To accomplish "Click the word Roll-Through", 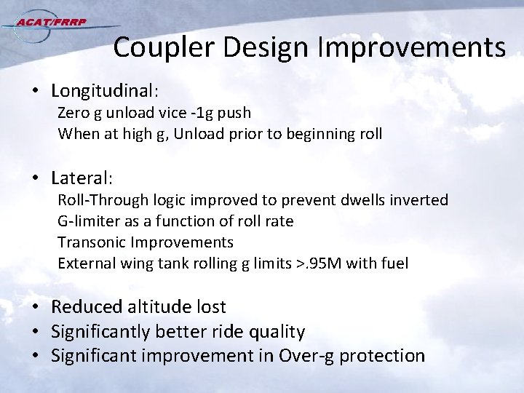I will tap(102, 199).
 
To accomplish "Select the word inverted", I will tap(421, 199).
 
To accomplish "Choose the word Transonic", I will tap(90, 242).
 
